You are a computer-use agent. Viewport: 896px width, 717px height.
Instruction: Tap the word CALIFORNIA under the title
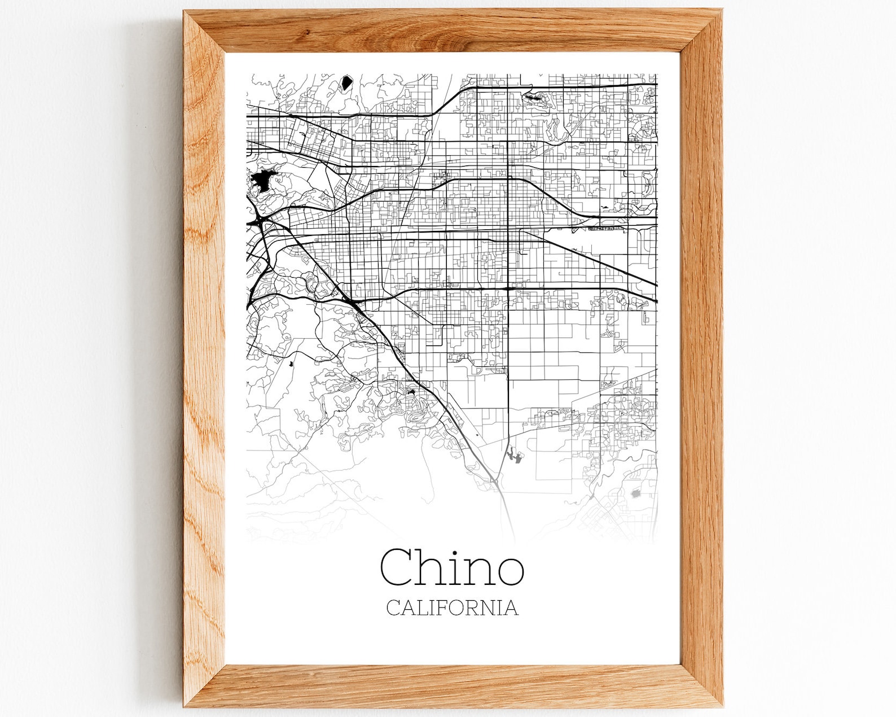point(452,608)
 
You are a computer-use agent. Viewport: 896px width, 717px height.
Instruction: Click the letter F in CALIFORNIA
point(446,608)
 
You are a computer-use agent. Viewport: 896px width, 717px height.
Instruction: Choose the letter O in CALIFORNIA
point(460,608)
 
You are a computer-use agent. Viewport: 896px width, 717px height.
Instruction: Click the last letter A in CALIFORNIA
point(511,608)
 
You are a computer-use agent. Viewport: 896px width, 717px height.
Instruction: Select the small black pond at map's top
point(345,84)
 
